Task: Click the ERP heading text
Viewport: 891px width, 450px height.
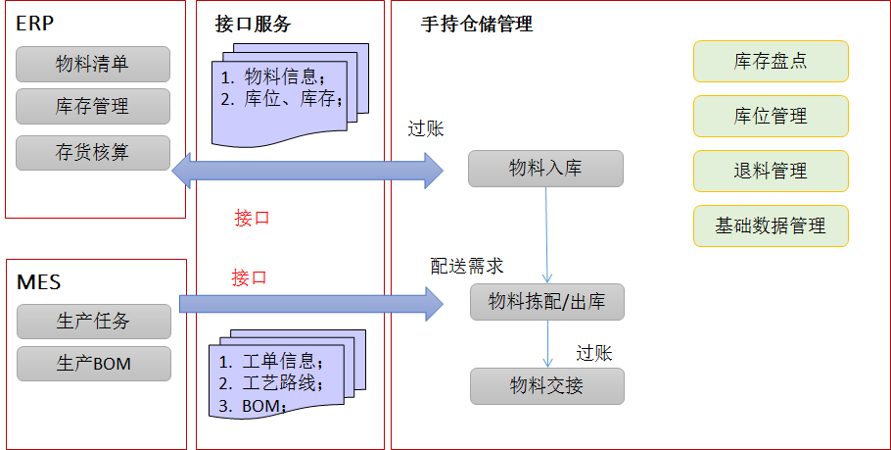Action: pos(35,25)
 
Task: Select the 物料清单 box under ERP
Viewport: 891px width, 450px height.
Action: pos(93,65)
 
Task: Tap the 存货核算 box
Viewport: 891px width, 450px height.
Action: pos(93,153)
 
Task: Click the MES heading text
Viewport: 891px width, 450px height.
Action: pos(39,282)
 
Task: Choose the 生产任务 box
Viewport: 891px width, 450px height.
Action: pos(93,322)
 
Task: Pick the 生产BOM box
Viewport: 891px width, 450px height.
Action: pos(93,364)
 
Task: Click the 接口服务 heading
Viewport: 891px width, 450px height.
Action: pos(253,25)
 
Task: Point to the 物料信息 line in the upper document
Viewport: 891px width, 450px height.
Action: pos(279,76)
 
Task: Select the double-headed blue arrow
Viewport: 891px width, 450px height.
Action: pos(307,171)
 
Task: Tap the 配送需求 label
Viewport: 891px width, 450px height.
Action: pos(467,266)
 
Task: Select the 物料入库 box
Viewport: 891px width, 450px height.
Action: pos(545,169)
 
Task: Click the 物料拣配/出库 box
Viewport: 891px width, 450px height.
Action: pos(546,302)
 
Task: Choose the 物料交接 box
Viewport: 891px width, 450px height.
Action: pos(546,386)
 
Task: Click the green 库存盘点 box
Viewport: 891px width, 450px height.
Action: pos(771,61)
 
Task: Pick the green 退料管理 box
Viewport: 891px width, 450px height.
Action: pos(771,171)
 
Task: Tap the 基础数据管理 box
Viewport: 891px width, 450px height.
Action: pos(771,225)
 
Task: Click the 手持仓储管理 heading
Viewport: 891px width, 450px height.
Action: pos(477,25)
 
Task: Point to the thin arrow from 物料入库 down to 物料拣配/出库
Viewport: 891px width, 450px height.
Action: pos(546,235)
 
